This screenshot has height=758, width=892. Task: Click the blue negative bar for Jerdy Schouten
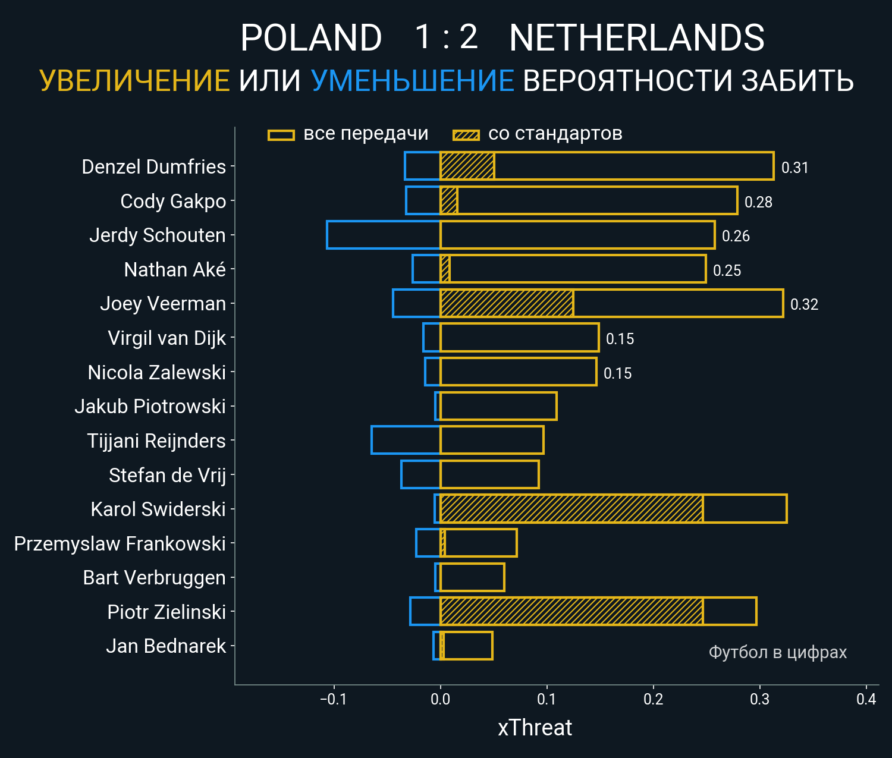384,235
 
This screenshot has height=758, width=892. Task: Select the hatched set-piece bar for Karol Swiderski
571,509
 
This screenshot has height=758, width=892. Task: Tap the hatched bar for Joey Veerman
507,303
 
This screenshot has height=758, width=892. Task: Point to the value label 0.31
794,168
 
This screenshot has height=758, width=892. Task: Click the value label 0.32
804,304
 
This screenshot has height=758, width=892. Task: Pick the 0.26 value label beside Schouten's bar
736,236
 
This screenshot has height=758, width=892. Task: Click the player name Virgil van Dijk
167,338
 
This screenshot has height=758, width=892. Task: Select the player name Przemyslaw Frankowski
120,543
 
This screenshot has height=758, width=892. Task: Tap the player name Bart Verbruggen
154,577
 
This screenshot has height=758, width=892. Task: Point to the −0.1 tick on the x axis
333,699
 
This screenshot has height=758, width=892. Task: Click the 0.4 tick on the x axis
866,699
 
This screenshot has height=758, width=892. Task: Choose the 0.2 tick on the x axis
653,699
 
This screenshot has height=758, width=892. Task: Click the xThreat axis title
535,728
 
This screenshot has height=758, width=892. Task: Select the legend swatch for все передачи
281,135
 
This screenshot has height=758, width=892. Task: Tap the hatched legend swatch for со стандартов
466,135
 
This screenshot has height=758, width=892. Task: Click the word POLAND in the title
311,38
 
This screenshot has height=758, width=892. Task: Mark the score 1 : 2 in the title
446,37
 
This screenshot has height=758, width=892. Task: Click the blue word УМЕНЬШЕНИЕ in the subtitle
412,81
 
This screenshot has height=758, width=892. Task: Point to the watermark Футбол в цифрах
777,652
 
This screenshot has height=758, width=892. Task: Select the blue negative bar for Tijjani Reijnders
406,441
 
